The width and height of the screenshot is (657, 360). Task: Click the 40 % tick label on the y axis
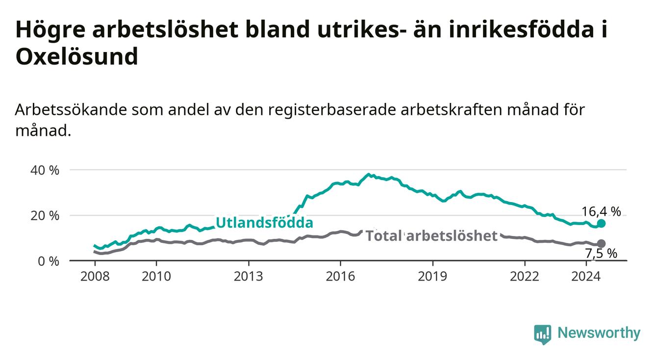tap(45, 171)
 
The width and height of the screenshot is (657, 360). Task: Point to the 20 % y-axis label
tap(45, 216)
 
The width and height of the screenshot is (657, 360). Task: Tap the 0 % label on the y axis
tap(49, 261)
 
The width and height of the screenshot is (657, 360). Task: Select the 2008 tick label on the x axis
tap(95, 277)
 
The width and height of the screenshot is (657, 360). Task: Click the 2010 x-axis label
tap(156, 277)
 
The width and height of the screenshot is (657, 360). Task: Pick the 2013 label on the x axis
tap(249, 277)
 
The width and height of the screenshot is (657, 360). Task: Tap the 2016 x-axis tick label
tap(341, 277)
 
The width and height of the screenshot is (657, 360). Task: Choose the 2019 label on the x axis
tap(432, 277)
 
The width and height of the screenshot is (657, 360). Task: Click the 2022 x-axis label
tap(525, 277)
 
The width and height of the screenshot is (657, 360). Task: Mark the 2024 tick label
tap(586, 277)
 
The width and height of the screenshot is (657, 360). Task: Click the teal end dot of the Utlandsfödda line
tap(601, 224)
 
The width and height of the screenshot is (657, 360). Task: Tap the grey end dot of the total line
tap(601, 244)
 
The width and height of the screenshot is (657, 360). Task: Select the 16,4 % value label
tap(601, 211)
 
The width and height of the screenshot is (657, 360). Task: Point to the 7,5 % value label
tap(601, 254)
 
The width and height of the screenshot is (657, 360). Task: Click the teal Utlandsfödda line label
tap(265, 223)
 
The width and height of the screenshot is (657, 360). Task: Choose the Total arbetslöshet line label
tap(431, 236)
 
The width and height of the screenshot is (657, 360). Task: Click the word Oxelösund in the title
tap(77, 56)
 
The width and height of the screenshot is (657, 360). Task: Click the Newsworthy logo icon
tap(543, 334)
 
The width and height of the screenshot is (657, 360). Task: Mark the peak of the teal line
tap(369, 174)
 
